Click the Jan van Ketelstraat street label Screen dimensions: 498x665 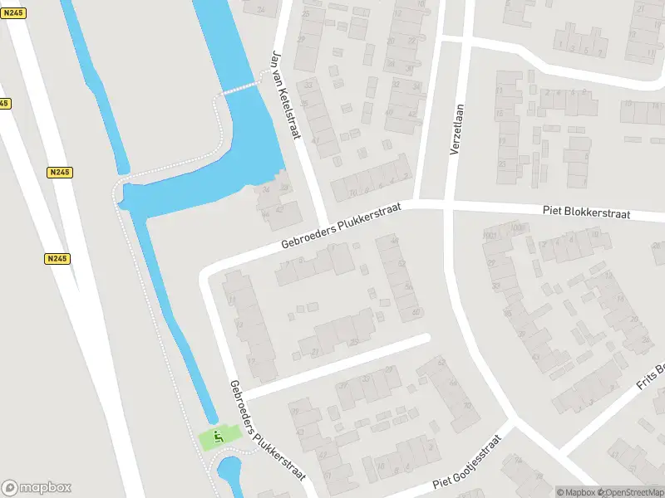[286, 95]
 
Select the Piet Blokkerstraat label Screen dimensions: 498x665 [586, 213]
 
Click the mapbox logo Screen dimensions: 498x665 [37, 487]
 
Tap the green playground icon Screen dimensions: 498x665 [219, 436]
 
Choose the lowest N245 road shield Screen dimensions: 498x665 [57, 259]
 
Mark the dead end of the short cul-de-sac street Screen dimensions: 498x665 [425, 339]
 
